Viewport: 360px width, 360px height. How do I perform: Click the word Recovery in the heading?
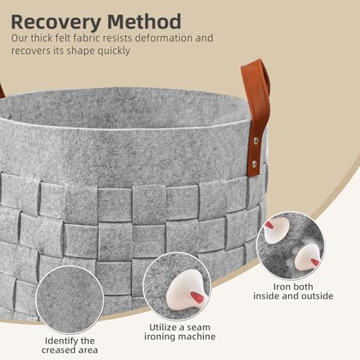[x=56, y=22]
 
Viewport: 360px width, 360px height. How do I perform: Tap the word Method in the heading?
[x=144, y=22]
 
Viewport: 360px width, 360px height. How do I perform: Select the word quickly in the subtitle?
[x=114, y=51]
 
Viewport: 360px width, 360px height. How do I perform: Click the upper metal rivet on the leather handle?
[x=256, y=140]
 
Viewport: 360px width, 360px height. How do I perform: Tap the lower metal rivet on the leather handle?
[x=254, y=164]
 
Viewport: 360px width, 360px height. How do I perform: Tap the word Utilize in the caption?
[x=163, y=328]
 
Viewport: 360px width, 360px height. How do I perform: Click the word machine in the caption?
[x=197, y=337]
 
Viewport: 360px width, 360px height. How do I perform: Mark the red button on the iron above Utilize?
[x=197, y=297]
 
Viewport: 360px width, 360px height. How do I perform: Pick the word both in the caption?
[x=303, y=287]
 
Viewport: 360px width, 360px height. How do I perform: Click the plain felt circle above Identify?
[x=70, y=300]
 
